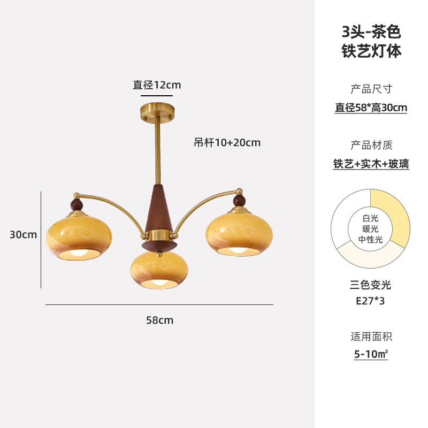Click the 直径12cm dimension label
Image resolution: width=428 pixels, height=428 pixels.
coord(157,85)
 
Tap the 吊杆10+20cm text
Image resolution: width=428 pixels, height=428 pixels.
coord(227,142)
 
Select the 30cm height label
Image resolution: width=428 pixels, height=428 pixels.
coord(23,234)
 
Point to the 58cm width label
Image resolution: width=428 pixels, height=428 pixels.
coord(159,320)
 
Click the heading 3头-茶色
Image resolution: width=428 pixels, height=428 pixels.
coord(371,32)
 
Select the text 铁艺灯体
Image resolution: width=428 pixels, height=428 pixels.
coord(371,51)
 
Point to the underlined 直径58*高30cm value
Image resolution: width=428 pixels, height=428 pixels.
coord(371,108)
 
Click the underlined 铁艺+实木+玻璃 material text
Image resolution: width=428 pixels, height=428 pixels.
coord(371,164)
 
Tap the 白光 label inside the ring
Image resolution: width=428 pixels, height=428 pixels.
coord(371,218)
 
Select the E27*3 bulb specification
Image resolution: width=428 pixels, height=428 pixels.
coord(371,301)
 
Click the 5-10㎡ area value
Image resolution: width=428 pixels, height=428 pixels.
coord(371,354)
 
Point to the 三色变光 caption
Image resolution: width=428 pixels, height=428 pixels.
coord(371,285)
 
